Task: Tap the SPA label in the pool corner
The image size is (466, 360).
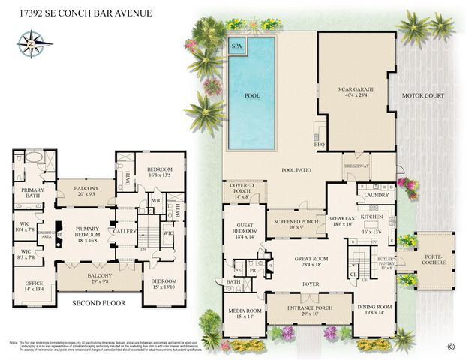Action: pos(238,45)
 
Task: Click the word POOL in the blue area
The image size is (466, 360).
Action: pos(253,96)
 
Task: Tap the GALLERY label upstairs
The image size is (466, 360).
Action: pos(125,232)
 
